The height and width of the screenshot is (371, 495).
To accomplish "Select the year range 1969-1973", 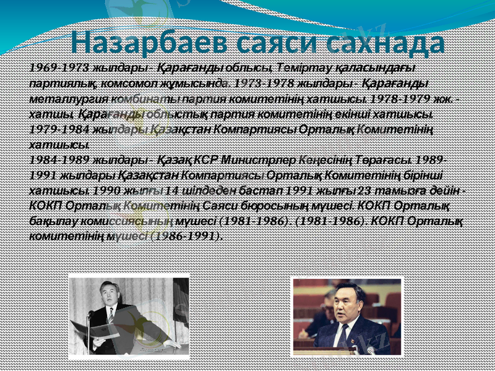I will pyautogui.click(x=56, y=67).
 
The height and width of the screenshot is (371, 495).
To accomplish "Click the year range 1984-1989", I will pyautogui.click(x=56, y=159).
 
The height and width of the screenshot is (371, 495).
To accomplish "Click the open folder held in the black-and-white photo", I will pyautogui.click(x=99, y=331).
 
